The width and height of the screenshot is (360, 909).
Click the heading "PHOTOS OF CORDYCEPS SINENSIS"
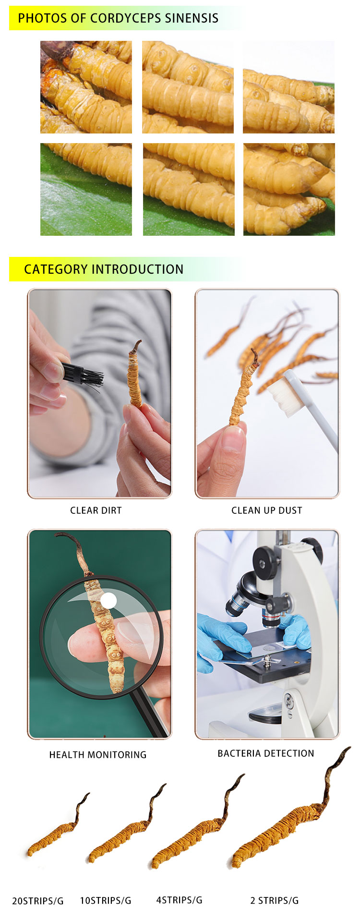pos(118,18)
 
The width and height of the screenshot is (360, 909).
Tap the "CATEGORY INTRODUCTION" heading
pos(104,269)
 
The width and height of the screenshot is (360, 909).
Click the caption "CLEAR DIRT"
pos(96,510)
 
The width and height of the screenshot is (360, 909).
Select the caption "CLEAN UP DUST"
pos(267,510)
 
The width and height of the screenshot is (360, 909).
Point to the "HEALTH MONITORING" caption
pos(98,755)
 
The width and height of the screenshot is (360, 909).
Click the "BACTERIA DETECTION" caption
pos(266,753)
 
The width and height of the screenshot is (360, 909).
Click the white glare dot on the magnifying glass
pos(109,600)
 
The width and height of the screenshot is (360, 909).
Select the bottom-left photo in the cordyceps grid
pos(86,189)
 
